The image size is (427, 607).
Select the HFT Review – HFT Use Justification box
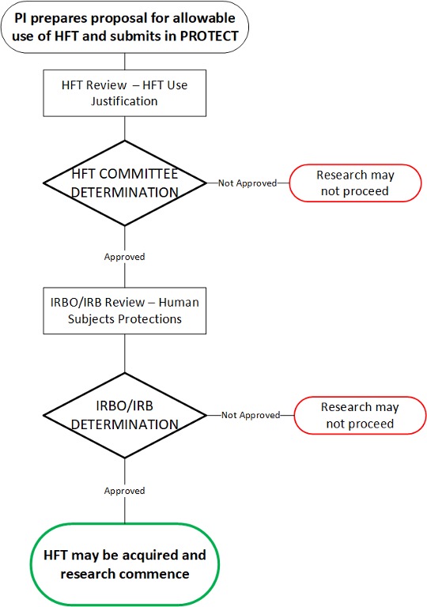click(x=124, y=93)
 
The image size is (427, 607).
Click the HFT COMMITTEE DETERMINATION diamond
click(x=124, y=183)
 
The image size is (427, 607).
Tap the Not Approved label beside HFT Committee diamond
click(x=248, y=183)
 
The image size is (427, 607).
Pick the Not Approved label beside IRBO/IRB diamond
click(x=251, y=415)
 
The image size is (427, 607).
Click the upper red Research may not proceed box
click(x=355, y=183)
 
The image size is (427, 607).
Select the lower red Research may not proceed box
click(x=360, y=415)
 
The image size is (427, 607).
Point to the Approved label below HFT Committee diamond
click(x=124, y=257)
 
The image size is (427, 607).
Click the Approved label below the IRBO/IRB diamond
click(x=124, y=491)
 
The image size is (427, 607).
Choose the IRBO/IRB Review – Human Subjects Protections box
click(x=124, y=311)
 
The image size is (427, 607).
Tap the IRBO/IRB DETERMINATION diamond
click(x=124, y=415)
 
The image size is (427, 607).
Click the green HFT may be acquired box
click(x=124, y=564)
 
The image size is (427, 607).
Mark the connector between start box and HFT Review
click(x=124, y=62)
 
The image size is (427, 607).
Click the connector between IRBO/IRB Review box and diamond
click(x=124, y=353)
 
